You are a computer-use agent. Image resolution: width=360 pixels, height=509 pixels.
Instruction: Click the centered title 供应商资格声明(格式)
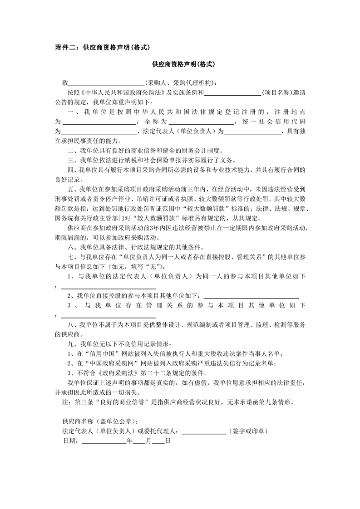pyautogui.click(x=183, y=65)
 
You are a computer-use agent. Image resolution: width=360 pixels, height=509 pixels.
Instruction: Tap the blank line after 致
pyautogui.click(x=106, y=84)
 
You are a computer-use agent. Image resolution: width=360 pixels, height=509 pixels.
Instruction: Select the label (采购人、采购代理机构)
pyautogui.click(x=181, y=83)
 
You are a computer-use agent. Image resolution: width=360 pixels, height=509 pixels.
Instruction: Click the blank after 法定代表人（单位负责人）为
pyautogui.click(x=252, y=132)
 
